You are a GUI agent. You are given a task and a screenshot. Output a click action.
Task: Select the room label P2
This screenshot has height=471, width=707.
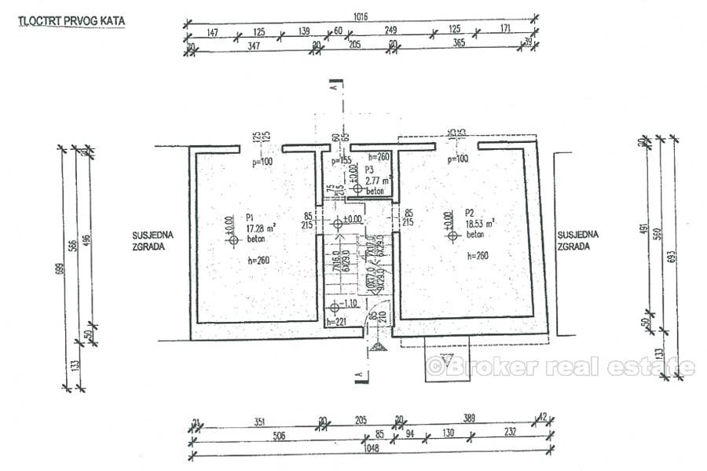(x=470, y=212)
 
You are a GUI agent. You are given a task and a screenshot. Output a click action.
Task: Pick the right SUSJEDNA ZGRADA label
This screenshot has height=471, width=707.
(x=578, y=239)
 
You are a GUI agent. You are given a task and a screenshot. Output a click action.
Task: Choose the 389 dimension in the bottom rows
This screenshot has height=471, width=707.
(x=470, y=420)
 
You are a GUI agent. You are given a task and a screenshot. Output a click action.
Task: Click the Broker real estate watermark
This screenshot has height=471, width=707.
(x=559, y=366)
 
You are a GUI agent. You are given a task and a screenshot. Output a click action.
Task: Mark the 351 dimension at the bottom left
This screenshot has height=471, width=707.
(x=259, y=420)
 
